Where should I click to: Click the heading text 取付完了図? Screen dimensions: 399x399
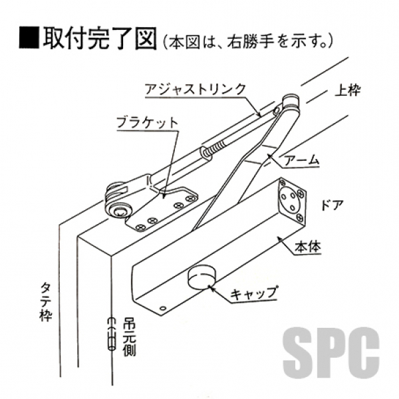(100, 38)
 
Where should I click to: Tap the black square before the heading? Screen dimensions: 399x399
(29, 38)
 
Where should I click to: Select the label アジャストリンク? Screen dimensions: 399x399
(196, 89)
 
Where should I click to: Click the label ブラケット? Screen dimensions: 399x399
(147, 123)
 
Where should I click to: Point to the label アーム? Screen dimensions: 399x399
(301, 160)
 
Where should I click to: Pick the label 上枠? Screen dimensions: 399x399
(347, 90)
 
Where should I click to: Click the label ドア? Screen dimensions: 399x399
(332, 205)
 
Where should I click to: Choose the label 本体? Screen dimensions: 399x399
(308, 246)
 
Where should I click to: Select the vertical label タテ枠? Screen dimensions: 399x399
(46, 302)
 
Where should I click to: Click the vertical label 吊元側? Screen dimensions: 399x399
(129, 336)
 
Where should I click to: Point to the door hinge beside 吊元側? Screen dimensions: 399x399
(111, 334)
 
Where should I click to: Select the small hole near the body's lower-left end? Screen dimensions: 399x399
(163, 309)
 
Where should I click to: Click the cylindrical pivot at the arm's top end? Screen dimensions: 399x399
(291, 101)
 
